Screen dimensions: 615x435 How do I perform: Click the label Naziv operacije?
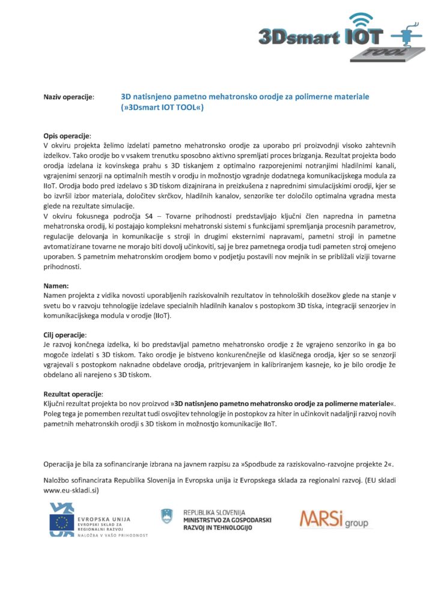click(68, 97)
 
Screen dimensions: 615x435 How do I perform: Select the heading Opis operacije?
click(67, 136)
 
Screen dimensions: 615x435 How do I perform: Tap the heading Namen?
click(56, 286)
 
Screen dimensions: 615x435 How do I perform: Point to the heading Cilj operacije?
click(65, 334)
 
